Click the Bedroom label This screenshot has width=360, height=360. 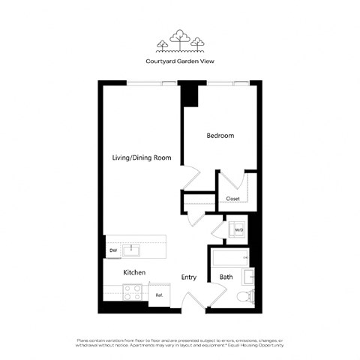pos(220,136)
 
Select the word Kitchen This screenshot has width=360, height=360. pos(134,272)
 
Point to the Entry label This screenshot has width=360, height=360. pos(189,277)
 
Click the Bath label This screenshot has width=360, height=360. pos(226,277)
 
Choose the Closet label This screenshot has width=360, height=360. pos(232,199)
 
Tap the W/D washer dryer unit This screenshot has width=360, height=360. pos(238,229)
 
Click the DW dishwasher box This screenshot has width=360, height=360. pos(113,250)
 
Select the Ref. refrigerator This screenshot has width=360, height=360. pos(160,295)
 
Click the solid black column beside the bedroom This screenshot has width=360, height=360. pos(190,94)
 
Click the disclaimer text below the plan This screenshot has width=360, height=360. pos(179,342)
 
